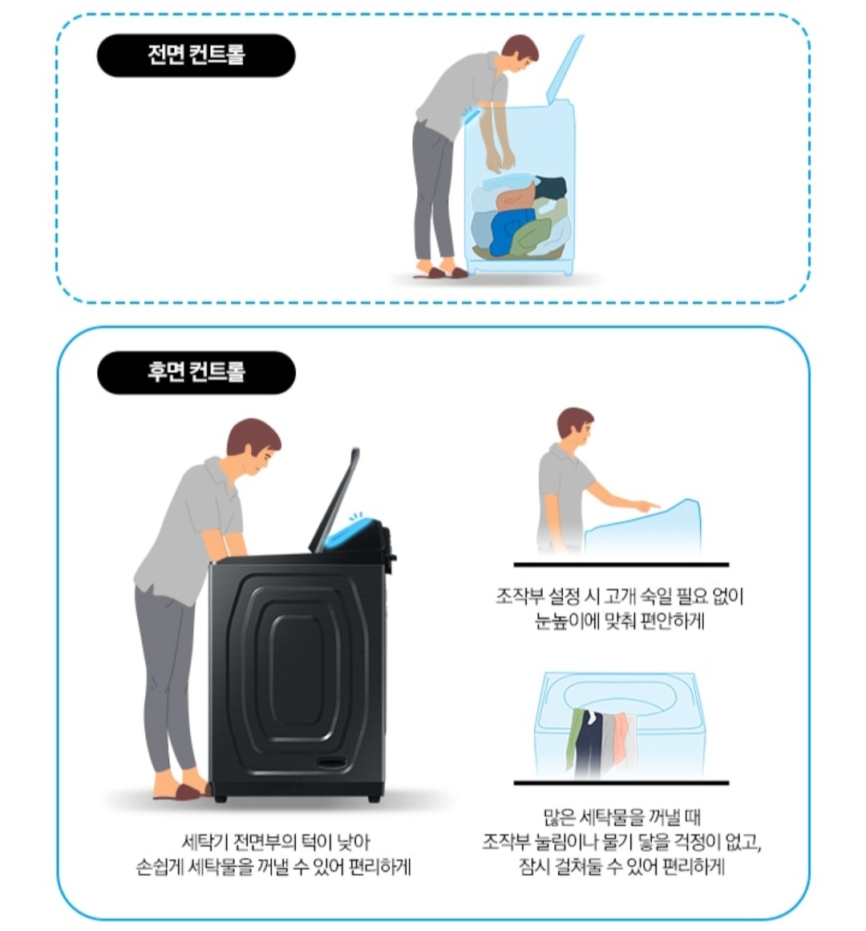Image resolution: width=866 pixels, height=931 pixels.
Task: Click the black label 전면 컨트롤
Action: tap(196, 55)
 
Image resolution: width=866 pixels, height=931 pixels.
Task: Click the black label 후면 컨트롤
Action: tap(196, 372)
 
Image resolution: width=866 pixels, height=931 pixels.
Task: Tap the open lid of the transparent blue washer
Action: tap(564, 67)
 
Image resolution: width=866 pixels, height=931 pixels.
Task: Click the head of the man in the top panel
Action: tap(520, 52)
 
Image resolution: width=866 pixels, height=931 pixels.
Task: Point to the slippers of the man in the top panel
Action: tap(440, 273)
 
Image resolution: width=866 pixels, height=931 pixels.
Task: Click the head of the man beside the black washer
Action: tap(253, 445)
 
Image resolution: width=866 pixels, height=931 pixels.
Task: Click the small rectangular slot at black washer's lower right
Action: tap(333, 763)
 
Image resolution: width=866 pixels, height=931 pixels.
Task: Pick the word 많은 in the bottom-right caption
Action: tap(559, 817)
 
